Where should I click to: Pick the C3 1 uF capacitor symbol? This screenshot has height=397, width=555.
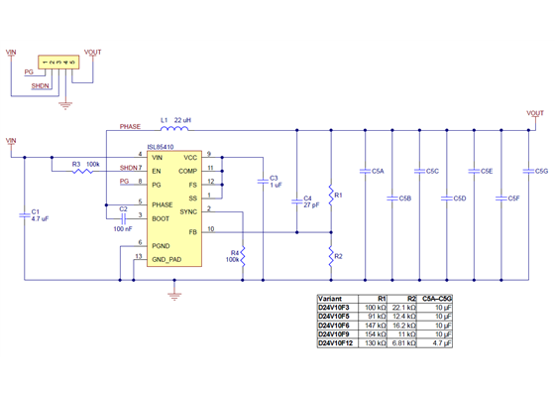263,181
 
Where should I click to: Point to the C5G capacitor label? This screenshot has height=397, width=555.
541,172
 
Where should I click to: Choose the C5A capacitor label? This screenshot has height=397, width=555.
378,172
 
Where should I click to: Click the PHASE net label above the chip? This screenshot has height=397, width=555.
130,127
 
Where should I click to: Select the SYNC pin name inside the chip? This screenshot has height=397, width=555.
189,209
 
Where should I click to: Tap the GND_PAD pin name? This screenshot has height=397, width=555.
166,259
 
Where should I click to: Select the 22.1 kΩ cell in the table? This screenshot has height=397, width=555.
402,307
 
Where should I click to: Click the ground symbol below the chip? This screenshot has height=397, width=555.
174,292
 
